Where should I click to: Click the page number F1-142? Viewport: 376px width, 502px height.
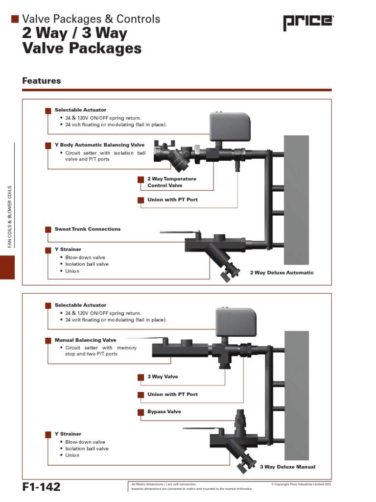click(x=41, y=487)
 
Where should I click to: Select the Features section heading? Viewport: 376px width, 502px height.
click(x=42, y=81)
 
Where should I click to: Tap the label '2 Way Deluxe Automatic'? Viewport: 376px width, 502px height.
click(x=282, y=273)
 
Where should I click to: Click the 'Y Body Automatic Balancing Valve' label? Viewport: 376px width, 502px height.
click(x=99, y=145)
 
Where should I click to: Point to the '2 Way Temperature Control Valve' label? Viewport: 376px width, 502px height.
click(x=171, y=182)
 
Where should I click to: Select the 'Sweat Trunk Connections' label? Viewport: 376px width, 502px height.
click(x=87, y=229)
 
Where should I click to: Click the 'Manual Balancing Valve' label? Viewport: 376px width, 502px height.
click(x=85, y=340)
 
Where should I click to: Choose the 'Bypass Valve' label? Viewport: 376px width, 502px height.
click(x=164, y=412)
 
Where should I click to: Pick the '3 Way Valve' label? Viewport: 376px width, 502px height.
click(x=163, y=376)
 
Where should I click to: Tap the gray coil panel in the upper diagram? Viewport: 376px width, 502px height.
click(x=297, y=199)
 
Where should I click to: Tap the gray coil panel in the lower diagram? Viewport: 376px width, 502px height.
click(x=297, y=392)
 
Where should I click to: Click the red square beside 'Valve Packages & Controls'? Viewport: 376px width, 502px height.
click(x=15, y=19)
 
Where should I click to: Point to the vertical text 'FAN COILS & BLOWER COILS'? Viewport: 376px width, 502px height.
click(x=9, y=216)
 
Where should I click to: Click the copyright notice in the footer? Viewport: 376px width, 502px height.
click(x=301, y=484)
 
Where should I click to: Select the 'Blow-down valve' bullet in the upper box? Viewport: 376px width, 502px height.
click(x=85, y=257)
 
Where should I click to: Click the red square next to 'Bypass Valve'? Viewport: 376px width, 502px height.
click(x=141, y=412)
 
